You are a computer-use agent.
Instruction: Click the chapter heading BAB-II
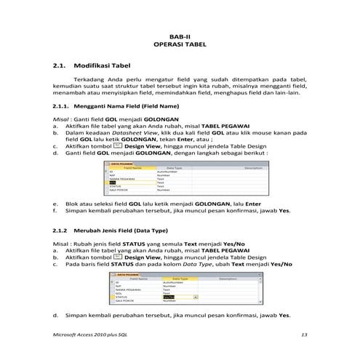tap(180, 36)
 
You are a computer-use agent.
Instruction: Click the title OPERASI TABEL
tap(180, 44)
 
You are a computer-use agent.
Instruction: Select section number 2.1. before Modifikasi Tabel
tap(60, 66)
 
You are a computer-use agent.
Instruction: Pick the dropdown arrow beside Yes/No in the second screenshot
tap(194, 297)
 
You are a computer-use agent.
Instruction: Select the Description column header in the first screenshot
tap(232, 167)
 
